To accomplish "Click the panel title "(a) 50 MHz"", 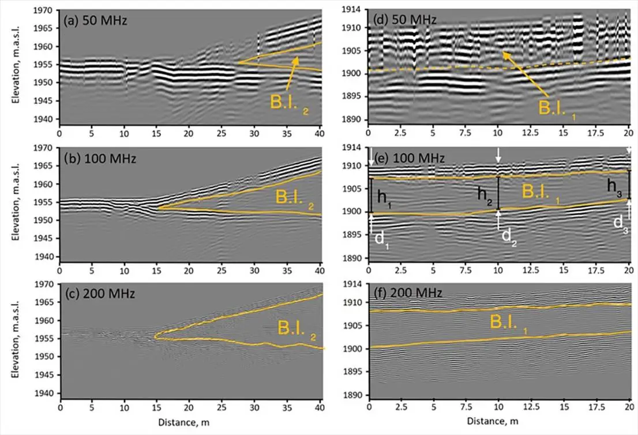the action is (x=96, y=20).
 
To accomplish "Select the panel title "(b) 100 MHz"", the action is (x=100, y=158).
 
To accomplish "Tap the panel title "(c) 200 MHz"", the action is (x=100, y=294).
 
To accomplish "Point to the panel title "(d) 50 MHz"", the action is (x=405, y=19).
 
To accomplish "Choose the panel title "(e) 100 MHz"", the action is (x=409, y=157).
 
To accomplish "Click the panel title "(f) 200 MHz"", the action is (x=408, y=292).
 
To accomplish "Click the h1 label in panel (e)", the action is (x=384, y=198).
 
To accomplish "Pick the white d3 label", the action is (x=621, y=224).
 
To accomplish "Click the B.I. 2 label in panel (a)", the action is (x=290, y=104).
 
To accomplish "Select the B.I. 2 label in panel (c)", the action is (x=297, y=329).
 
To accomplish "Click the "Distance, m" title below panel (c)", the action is (x=183, y=422).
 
